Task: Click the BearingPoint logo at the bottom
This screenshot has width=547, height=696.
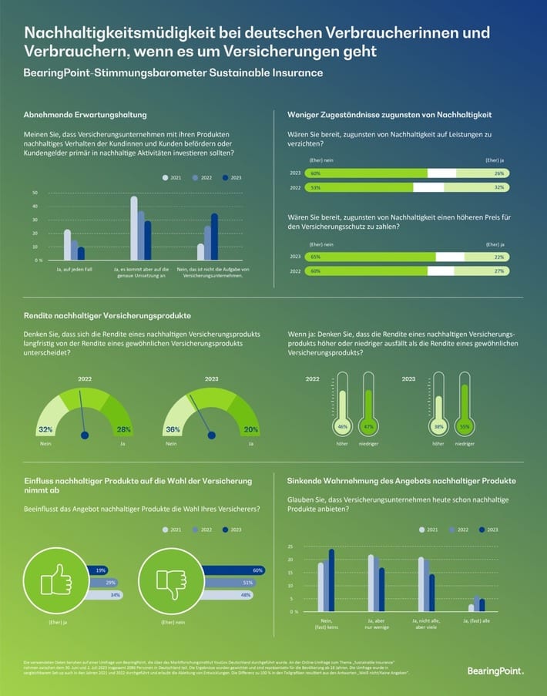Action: pyautogui.click(x=495, y=671)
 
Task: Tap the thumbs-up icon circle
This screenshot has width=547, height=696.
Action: pyautogui.click(x=53, y=579)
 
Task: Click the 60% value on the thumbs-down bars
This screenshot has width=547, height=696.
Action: pyautogui.click(x=258, y=570)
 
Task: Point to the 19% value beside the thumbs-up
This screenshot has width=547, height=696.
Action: pyautogui.click(x=102, y=570)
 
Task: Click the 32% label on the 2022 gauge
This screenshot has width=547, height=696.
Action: pyautogui.click(x=45, y=429)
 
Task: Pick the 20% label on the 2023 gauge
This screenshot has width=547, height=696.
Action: pyautogui.click(x=250, y=429)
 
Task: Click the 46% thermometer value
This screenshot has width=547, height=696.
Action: pyautogui.click(x=341, y=426)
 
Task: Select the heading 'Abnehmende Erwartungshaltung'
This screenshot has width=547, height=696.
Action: pyautogui.click(x=85, y=115)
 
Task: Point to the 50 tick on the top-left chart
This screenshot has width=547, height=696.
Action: pyautogui.click(x=35, y=193)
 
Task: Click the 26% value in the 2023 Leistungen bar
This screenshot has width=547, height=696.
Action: pyautogui.click(x=499, y=173)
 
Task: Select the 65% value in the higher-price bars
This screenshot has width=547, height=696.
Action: pyautogui.click(x=316, y=257)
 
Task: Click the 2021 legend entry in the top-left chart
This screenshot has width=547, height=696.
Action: pyautogui.click(x=172, y=177)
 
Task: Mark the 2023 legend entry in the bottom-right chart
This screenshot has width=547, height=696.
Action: pyautogui.click(x=488, y=530)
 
